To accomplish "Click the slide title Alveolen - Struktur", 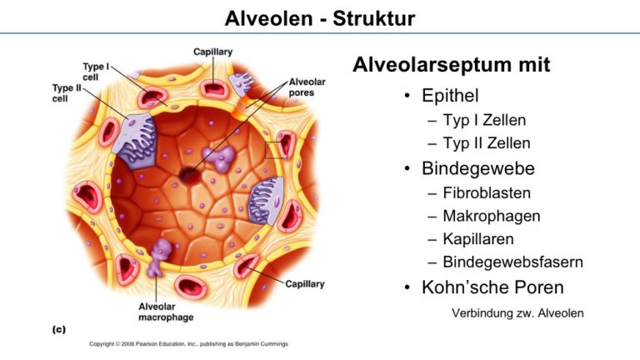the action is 320,18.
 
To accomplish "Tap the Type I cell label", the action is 96,72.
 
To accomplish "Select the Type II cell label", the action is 67,93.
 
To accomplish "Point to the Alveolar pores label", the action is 307,87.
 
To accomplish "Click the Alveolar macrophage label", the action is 166,312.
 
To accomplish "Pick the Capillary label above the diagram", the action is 212,52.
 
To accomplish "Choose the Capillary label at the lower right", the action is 304,283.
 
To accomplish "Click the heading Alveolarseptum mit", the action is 452,64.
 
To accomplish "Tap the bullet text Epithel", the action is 450,96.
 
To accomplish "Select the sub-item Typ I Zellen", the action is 484,120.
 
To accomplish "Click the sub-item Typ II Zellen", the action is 487,143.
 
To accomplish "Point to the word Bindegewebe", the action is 478,168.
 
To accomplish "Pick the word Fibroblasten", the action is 487,193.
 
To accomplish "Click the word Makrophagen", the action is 492,217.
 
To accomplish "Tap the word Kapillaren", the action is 478,239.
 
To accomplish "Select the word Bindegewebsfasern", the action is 513,262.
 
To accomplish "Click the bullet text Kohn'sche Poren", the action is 492,287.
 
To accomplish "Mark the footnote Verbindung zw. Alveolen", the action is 517,313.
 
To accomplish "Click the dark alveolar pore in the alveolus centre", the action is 189,175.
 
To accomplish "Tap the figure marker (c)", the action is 59,329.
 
